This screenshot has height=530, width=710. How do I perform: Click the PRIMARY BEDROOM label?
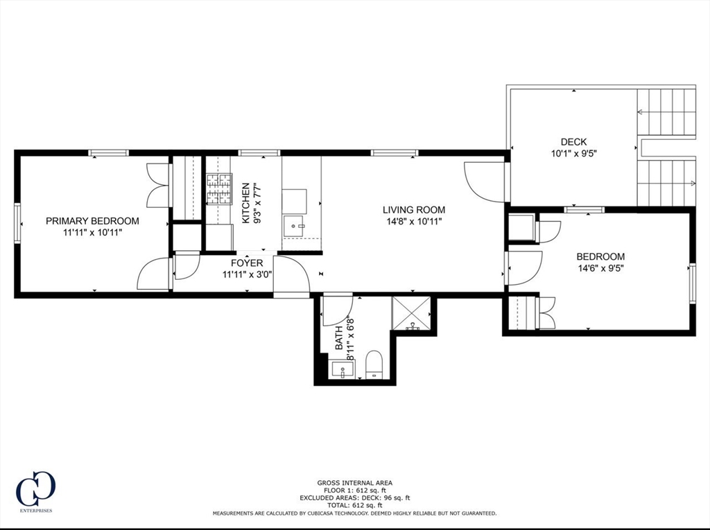click(x=92, y=221)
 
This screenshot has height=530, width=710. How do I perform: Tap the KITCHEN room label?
click(x=245, y=203)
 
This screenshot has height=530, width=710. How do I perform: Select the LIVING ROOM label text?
click(x=414, y=210)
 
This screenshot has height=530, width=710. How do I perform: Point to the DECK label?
click(x=574, y=142)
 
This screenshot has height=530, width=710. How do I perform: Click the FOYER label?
click(x=247, y=263)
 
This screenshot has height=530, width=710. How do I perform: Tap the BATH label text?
click(x=339, y=338)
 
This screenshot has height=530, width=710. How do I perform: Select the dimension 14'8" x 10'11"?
click(x=414, y=222)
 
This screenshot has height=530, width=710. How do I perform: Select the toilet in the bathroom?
click(x=374, y=364)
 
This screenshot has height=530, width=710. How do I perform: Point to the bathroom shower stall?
click(x=411, y=313)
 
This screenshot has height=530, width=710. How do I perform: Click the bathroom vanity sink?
click(x=343, y=371)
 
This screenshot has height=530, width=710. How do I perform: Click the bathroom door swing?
click(x=336, y=308)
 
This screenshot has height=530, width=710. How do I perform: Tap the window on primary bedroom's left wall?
click(x=17, y=222)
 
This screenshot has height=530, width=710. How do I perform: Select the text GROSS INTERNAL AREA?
click(x=354, y=483)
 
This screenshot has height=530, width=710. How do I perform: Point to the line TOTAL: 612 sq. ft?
click(x=354, y=506)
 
